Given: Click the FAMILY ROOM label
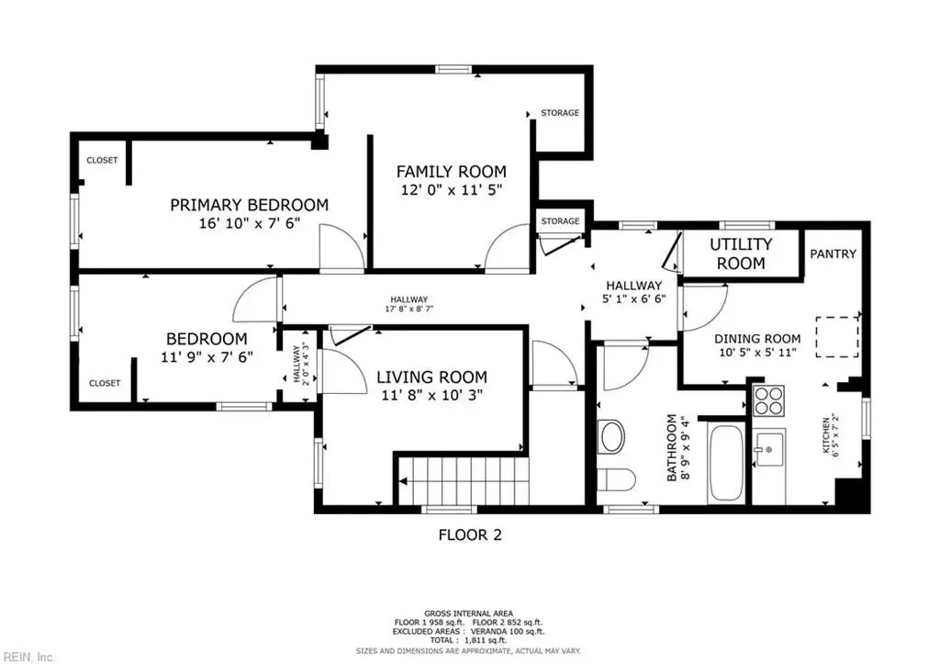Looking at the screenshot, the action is click(451, 172).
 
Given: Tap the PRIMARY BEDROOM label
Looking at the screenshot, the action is click(250, 205).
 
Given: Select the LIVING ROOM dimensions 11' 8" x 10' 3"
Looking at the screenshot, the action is click(431, 395).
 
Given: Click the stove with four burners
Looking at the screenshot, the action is click(768, 400).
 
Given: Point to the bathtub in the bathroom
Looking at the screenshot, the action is click(727, 464).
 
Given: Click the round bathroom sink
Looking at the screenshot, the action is click(612, 435).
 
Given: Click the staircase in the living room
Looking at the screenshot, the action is click(462, 479).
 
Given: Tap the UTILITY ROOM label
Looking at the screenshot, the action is click(741, 253).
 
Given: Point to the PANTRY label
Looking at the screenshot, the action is click(833, 253).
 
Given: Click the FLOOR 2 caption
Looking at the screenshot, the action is click(470, 535).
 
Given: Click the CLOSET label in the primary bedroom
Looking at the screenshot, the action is click(102, 160).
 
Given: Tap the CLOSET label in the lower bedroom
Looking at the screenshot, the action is click(105, 383).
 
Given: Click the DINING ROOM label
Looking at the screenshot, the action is click(757, 338).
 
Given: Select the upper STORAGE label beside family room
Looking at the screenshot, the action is click(560, 113).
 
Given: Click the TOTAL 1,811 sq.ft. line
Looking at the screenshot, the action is click(469, 641).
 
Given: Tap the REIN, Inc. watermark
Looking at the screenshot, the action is click(28, 657).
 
